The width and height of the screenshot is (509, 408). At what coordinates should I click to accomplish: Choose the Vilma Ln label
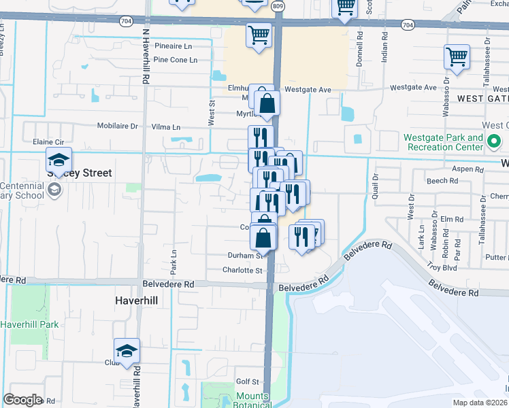[166, 127]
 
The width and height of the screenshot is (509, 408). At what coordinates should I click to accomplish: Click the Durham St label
[245, 256]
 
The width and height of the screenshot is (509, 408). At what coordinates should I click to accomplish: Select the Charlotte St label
[242, 270]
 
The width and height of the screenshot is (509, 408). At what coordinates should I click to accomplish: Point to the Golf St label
[248, 382]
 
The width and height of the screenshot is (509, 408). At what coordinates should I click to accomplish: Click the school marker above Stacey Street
[59, 162]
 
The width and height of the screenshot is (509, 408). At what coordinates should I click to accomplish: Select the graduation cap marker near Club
[127, 352]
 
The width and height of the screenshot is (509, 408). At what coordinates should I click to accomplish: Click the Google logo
[22, 400]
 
